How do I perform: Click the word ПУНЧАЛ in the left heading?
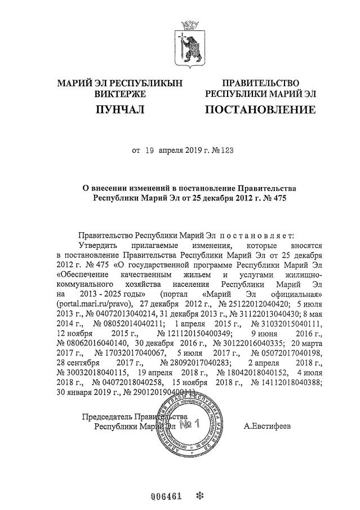click(119, 109)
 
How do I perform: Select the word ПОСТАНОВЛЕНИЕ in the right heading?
click(260, 109)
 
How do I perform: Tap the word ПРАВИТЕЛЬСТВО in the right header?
click(260, 83)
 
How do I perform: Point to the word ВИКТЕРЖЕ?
click(120, 94)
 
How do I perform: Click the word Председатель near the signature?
click(108, 416)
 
